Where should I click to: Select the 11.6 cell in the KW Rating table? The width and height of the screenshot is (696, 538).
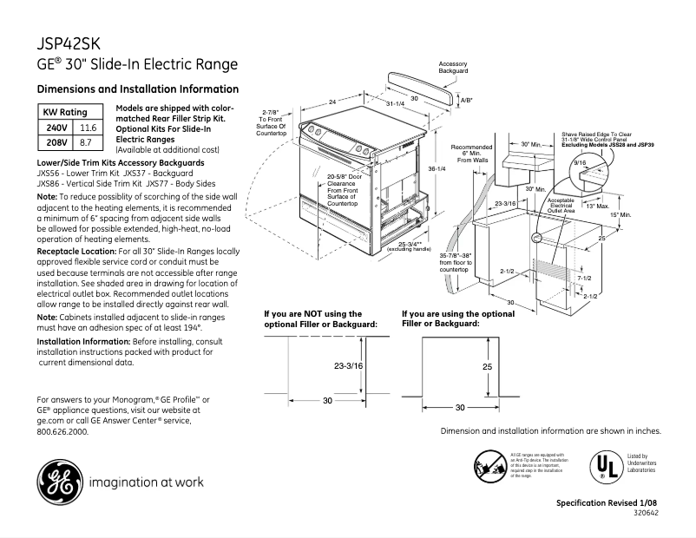click(x=87, y=128)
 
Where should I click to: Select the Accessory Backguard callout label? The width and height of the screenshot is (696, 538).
click(x=453, y=68)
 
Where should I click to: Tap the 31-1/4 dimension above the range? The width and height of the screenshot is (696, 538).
click(x=394, y=103)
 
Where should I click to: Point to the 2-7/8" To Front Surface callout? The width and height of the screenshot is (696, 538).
click(x=271, y=122)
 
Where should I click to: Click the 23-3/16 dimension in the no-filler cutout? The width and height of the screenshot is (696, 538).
click(x=348, y=367)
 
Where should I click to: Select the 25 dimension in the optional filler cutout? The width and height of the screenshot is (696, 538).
click(x=487, y=367)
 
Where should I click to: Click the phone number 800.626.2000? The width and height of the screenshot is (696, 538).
click(x=62, y=431)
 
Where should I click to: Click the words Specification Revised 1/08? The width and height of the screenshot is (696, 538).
click(x=607, y=504)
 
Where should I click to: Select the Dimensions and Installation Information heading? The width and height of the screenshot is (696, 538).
click(x=138, y=89)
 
